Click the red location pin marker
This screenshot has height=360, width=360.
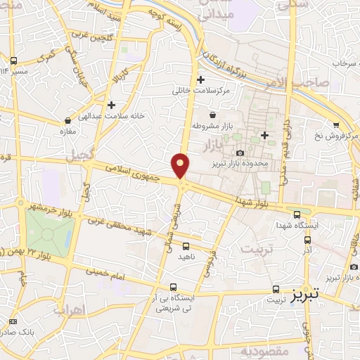click(181, 166)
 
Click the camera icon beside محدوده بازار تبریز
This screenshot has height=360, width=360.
click(240, 153)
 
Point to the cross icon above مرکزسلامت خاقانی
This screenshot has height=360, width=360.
click(201, 79)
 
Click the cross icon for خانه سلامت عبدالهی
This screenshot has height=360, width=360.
click(111, 105)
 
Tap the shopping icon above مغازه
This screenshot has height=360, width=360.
click(67, 120)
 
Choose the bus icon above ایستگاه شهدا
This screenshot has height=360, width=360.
click(296, 214)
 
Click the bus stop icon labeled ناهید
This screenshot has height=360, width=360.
click(186, 247)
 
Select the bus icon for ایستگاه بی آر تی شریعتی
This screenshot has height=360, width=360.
click(174, 286)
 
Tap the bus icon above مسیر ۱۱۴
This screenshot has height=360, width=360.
click(14, 60)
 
